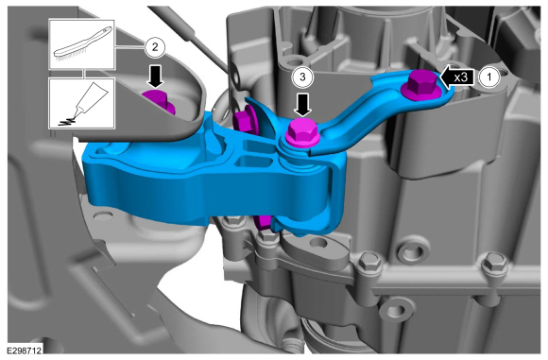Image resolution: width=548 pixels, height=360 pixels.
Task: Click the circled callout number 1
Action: pyautogui.click(x=488, y=77)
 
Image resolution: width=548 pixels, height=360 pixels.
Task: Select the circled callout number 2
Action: pyautogui.click(x=155, y=47)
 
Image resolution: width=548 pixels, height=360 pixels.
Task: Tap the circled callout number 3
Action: pyautogui.click(x=302, y=77)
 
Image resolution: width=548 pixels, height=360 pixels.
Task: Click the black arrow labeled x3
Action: pyautogui.click(x=457, y=77)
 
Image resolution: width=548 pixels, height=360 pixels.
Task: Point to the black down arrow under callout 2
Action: pyautogui.click(x=155, y=76)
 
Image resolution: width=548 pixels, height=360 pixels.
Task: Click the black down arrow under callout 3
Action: pyautogui.click(x=302, y=105)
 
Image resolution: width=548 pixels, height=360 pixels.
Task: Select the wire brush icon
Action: pyautogui.click(x=82, y=43)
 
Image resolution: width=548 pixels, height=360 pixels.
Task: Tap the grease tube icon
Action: pyautogui.click(x=82, y=103)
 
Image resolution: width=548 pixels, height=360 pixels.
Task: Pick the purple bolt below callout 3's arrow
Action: pyautogui.click(x=302, y=132)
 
